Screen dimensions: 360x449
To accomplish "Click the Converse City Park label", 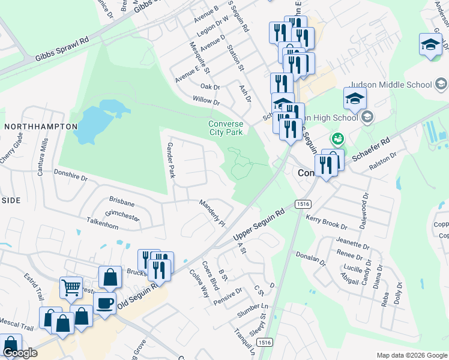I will (225, 128).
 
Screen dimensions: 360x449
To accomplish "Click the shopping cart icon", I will (71, 287).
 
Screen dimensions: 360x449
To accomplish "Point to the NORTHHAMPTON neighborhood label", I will (41, 127).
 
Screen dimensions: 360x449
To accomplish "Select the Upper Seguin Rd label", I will (258, 226).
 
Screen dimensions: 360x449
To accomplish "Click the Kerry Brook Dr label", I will (327, 223).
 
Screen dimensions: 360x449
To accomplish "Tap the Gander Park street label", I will (170, 161).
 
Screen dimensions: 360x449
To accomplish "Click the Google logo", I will (20, 353).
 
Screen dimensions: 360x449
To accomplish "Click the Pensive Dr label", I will (228, 295).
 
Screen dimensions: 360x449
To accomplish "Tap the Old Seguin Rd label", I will (138, 296).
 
